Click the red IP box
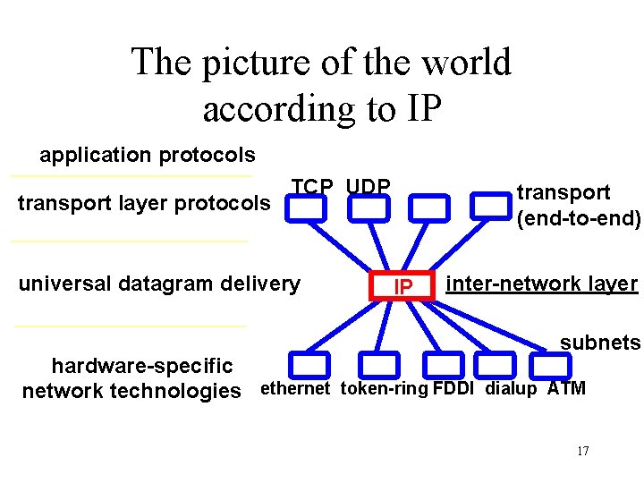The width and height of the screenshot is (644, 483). pos(403,285)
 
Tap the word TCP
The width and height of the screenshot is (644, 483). pos(312,186)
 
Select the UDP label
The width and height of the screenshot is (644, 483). pos(369,186)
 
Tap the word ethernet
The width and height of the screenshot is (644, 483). pos(295,388)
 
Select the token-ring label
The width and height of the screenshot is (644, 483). pos(384,388)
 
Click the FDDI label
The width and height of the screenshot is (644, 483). pos(453,388)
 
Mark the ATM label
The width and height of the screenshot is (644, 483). pos(567,388)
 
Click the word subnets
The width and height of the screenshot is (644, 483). pos(600,343)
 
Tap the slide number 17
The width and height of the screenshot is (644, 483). pos(582,451)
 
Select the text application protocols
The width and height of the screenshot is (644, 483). pos(148,156)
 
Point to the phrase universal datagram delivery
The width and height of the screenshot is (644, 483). pos(159,284)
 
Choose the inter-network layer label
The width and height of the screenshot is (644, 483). pos(542,284)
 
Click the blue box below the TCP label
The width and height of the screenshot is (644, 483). pos(309,208)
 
